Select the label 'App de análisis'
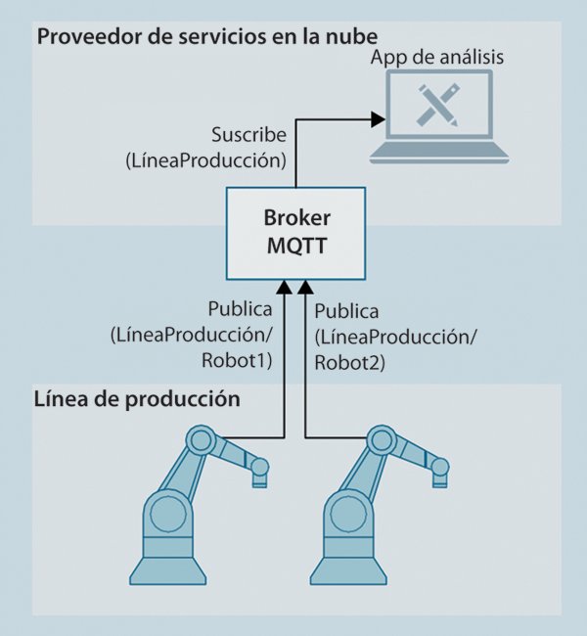[x=437, y=57]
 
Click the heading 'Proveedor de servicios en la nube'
[x=207, y=37]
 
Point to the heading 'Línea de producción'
[x=137, y=399]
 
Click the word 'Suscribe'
[x=248, y=134]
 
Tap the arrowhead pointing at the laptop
[x=377, y=119]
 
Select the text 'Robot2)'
[x=350, y=362]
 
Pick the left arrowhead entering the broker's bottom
[x=284, y=287]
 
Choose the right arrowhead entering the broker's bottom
[x=305, y=287]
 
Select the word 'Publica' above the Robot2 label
[x=346, y=313]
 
